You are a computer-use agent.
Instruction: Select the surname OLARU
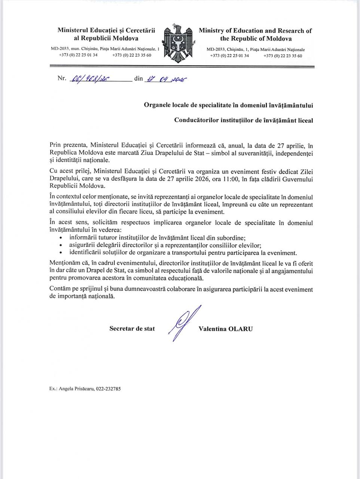pos(241,329)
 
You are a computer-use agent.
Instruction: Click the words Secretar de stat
pos(132,329)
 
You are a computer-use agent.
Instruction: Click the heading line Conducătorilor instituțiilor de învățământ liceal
pos(244,120)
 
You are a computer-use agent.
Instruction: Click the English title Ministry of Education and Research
pos(255,31)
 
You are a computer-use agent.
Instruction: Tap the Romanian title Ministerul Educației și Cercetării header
pos(106,30)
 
